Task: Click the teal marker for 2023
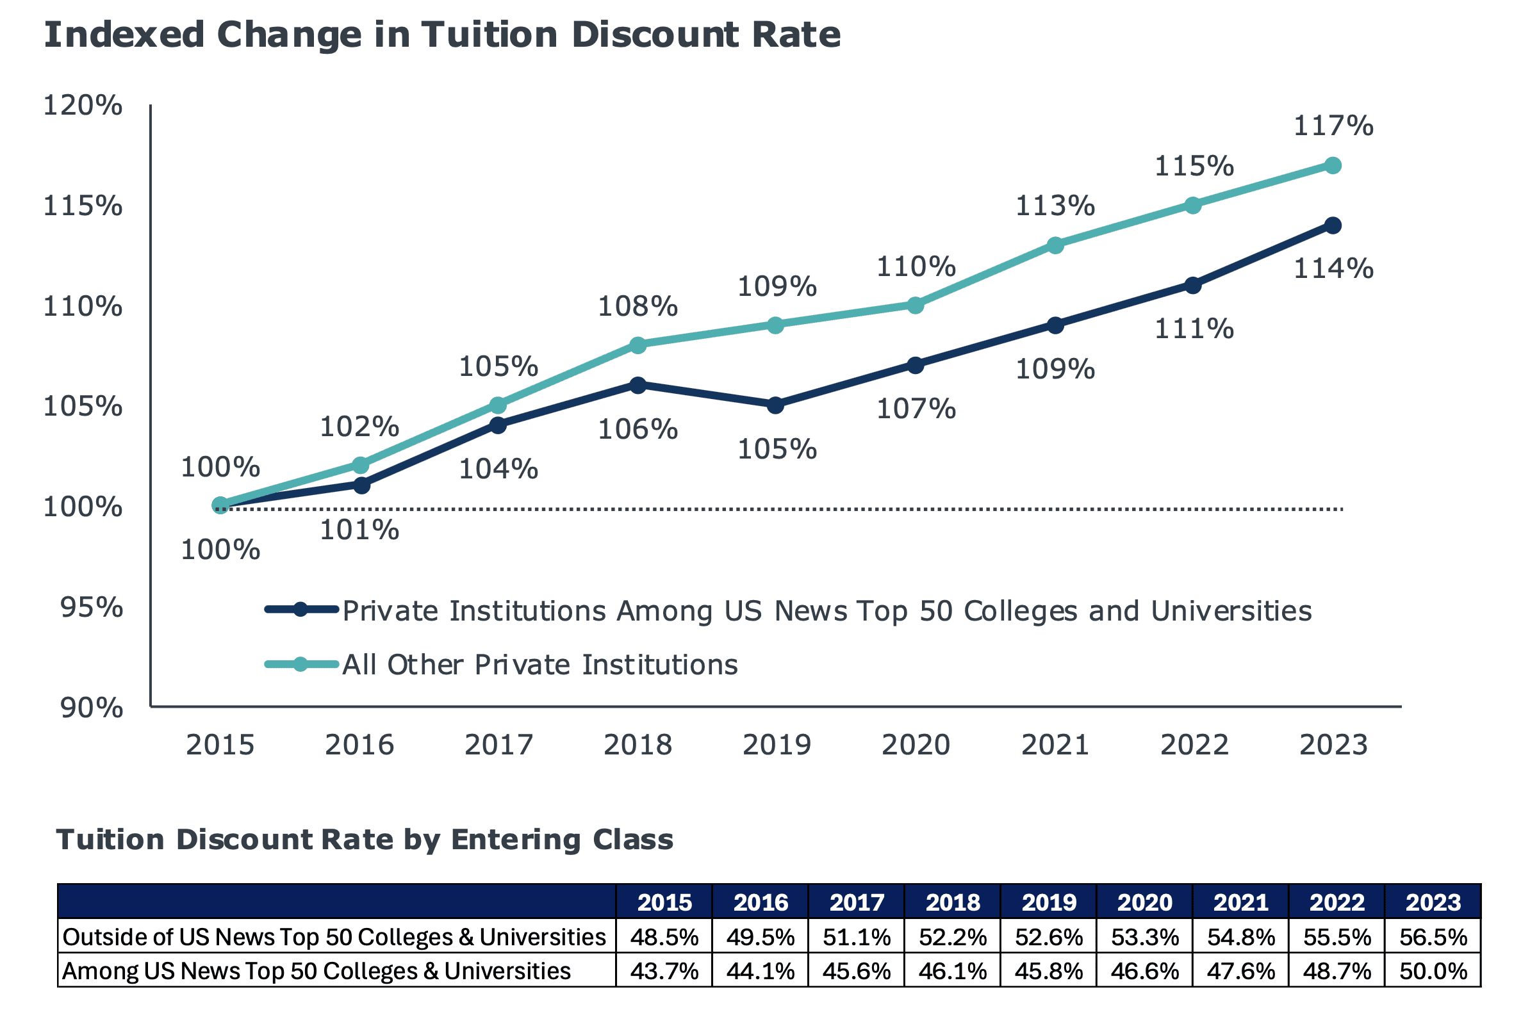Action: (1332, 165)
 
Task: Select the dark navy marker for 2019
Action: (775, 405)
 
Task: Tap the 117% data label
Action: (1333, 126)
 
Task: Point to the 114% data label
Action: (1333, 268)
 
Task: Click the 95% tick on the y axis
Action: (92, 608)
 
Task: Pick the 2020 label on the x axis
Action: (916, 745)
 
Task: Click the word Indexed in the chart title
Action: (124, 35)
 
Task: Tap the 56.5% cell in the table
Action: (1433, 937)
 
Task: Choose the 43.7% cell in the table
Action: (664, 971)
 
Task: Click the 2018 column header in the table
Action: (953, 902)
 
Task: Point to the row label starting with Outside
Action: (334, 937)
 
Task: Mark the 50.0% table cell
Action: (1433, 971)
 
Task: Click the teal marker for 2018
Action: (638, 345)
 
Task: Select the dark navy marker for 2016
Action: (361, 485)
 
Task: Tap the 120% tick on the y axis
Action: (83, 105)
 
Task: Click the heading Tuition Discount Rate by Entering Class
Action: (365, 840)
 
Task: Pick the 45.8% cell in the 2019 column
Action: (1049, 971)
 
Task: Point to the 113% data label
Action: (1055, 206)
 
